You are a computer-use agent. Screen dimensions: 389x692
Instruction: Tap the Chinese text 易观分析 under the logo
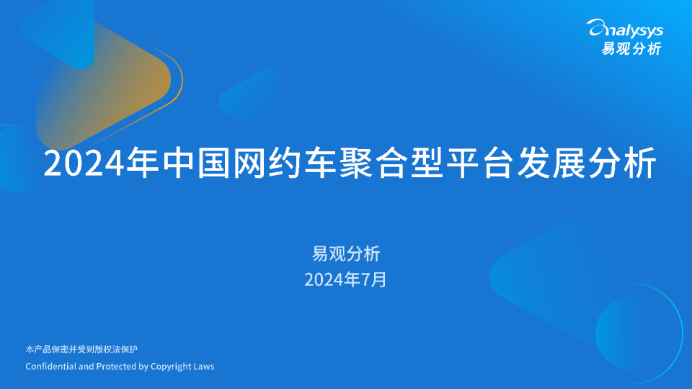point(631,48)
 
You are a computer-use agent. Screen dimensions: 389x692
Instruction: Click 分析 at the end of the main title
point(621,164)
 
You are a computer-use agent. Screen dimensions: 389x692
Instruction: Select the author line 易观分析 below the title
point(345,254)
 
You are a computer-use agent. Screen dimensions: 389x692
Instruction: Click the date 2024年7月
point(345,280)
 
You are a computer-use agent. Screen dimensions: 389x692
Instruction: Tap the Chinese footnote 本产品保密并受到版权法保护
point(81,349)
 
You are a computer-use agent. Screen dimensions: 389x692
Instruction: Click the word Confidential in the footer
point(50,367)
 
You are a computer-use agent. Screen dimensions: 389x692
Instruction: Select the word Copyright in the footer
point(171,367)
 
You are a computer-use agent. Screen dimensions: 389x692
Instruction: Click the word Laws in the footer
point(204,367)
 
